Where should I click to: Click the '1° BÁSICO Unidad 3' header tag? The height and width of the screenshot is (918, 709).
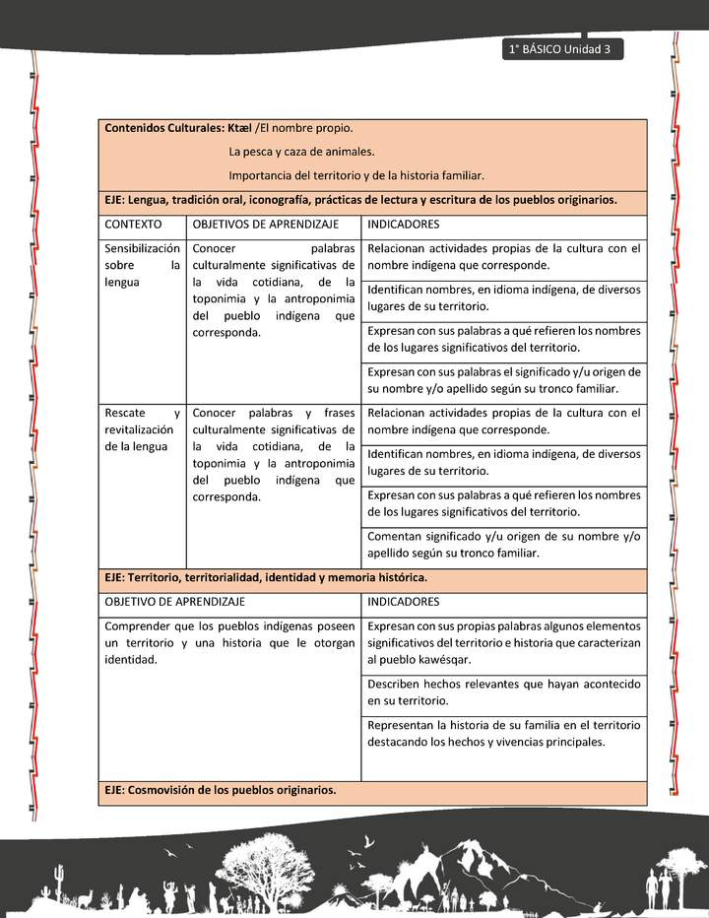tap(561, 49)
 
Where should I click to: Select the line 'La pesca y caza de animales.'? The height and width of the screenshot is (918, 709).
tap(301, 152)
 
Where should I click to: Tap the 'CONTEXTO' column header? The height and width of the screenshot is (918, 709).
tap(133, 225)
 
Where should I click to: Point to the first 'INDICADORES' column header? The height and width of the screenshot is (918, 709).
tap(397, 225)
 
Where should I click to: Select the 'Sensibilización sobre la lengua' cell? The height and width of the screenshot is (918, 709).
tap(142, 265)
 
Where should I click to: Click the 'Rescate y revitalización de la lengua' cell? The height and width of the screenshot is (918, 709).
tap(142, 429)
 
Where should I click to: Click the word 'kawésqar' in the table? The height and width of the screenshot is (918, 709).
tap(443, 659)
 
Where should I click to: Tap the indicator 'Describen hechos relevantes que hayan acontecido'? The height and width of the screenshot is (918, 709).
tap(503, 691)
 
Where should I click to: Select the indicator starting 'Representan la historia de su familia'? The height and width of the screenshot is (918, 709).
tap(503, 733)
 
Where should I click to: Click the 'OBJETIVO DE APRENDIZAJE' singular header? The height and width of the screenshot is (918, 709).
tap(175, 601)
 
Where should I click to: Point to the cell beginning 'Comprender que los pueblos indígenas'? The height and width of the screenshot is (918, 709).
tap(229, 642)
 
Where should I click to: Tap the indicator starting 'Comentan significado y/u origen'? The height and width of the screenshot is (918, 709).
tap(503, 545)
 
